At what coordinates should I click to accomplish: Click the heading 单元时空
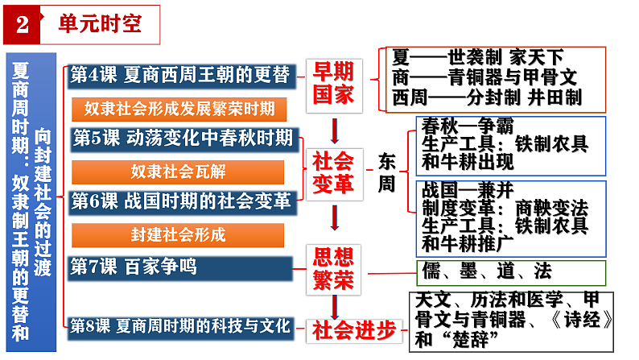click(x=100, y=23)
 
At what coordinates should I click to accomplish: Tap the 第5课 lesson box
click(x=182, y=138)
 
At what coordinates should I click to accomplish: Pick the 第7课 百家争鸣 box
click(x=180, y=267)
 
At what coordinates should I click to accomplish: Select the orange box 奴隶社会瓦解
click(x=179, y=171)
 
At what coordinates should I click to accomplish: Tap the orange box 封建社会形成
click(x=179, y=235)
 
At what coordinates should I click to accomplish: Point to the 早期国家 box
click(x=333, y=84)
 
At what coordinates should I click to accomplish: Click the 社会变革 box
click(x=333, y=172)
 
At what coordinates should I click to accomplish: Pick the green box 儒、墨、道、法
click(x=510, y=271)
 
